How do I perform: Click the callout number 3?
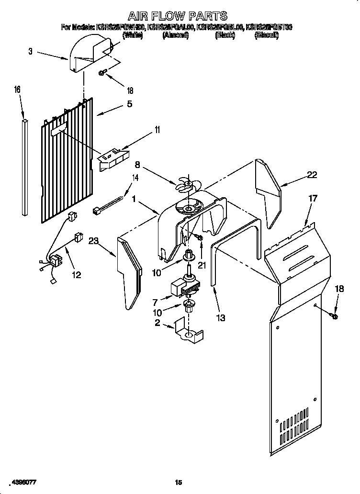30,51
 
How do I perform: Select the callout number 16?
17,90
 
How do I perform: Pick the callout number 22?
312,175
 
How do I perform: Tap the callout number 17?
312,198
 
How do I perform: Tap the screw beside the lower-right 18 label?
334,315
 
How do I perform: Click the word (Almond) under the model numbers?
175,35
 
